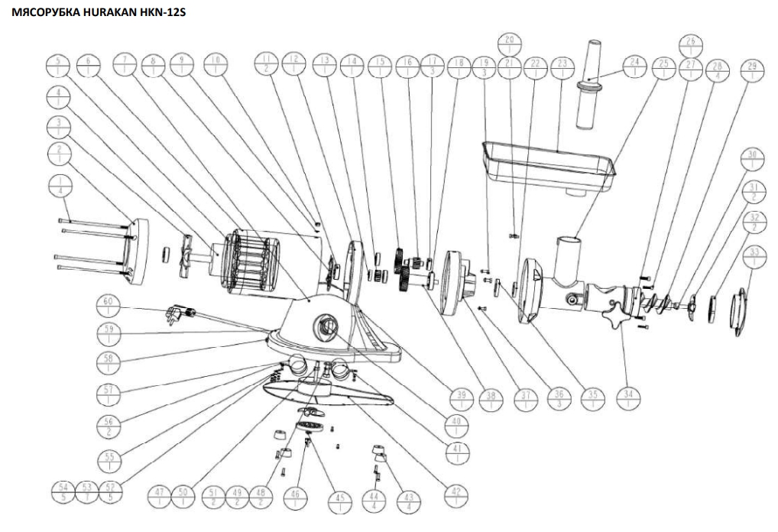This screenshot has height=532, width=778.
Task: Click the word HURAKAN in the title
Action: (97, 11)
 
